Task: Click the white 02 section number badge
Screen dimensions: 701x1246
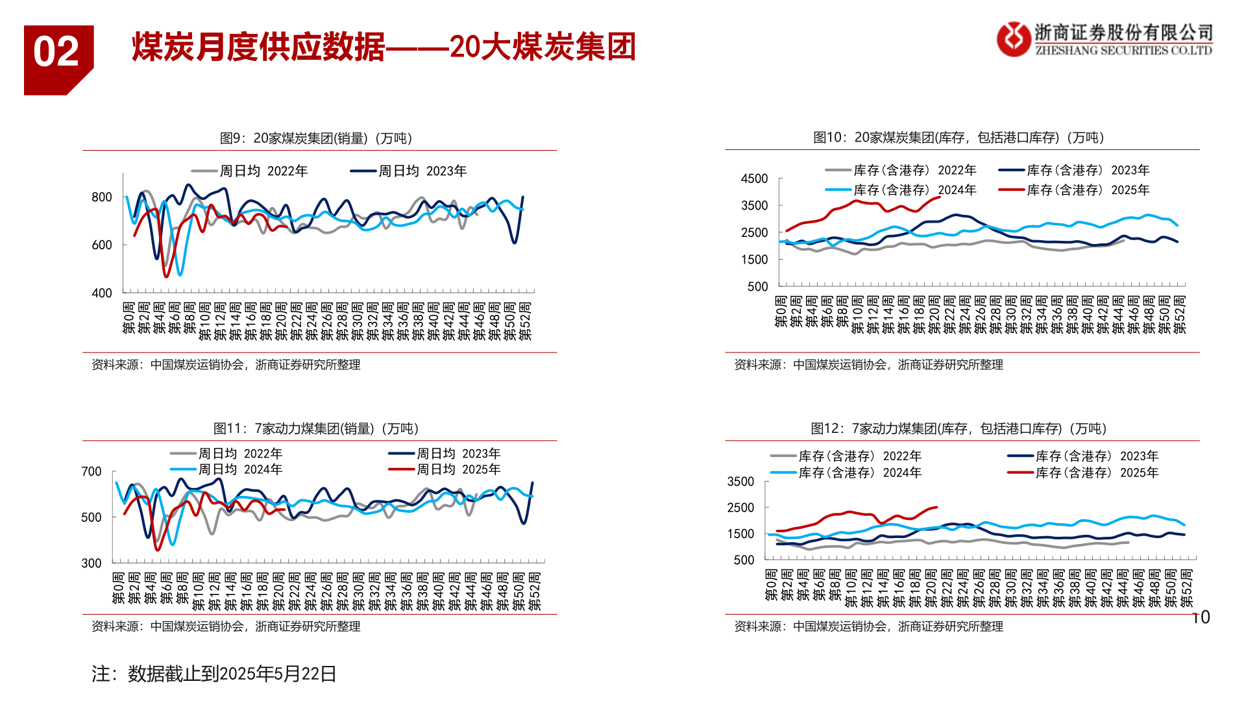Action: click(x=56, y=52)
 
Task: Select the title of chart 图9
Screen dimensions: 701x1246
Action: click(x=316, y=138)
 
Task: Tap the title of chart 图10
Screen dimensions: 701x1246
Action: click(x=959, y=138)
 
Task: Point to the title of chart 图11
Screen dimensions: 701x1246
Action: click(x=316, y=428)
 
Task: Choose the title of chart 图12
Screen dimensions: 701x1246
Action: click(x=959, y=428)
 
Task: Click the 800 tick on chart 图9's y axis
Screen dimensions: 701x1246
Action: click(x=102, y=197)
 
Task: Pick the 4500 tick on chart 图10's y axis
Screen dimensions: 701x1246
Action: click(x=754, y=178)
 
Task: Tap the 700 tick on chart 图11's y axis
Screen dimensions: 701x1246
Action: click(x=92, y=472)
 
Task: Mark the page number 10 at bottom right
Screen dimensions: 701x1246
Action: click(x=1201, y=617)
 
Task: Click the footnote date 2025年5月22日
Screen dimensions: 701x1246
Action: click(x=278, y=674)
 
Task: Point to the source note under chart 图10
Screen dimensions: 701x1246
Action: click(x=868, y=365)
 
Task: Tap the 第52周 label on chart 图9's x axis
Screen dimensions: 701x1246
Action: click(x=526, y=321)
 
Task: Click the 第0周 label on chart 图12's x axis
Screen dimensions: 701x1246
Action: click(x=771, y=585)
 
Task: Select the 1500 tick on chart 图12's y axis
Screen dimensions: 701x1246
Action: click(x=740, y=534)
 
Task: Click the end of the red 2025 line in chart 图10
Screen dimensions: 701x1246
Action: click(x=940, y=197)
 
